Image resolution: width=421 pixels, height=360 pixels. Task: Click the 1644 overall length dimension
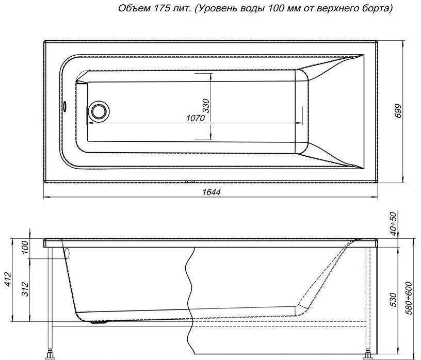211,192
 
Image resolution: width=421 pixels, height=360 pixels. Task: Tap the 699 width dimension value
399,110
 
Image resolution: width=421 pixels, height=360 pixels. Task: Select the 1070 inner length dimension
195,118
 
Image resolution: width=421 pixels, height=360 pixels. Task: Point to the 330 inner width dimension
206,106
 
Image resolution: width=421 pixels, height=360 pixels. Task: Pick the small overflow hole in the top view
64,106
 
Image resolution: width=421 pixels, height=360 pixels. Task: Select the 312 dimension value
25,289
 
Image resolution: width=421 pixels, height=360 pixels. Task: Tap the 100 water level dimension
25,248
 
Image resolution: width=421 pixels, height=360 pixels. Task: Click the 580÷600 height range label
409,298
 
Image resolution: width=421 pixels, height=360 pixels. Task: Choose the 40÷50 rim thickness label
393,224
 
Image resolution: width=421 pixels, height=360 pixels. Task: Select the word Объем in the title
134,9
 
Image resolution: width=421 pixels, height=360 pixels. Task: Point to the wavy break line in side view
192,303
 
